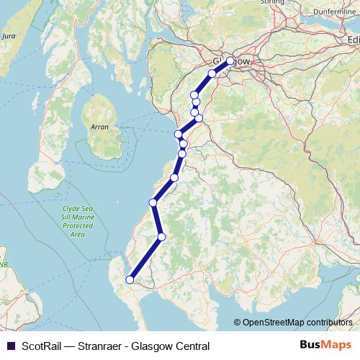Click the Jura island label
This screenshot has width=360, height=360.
pos(9,35)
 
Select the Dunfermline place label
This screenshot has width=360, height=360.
pos(336,12)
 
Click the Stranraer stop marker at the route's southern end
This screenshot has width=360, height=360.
pos(130,280)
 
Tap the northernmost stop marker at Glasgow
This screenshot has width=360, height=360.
pos(230,61)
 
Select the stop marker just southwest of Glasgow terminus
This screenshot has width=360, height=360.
pos(212,73)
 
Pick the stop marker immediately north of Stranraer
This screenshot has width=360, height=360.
pos(161,236)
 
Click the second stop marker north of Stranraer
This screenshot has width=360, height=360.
pos(153,202)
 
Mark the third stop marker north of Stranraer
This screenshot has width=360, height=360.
pos(174,177)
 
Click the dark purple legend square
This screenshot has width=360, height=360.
pos(10,346)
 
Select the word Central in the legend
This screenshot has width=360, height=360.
pos(189,346)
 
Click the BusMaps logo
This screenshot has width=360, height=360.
pos(325,346)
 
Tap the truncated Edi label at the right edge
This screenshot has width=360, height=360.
pos(353,40)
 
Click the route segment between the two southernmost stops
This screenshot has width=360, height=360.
pos(145,258)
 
